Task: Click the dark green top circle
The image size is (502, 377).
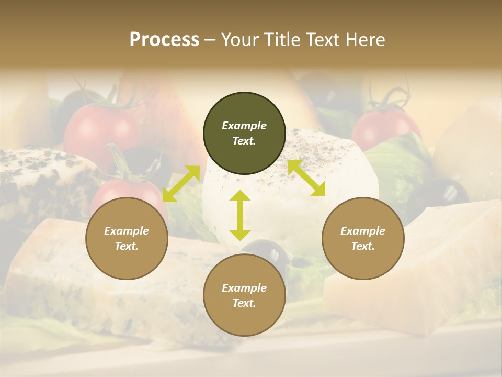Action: (x=244, y=133)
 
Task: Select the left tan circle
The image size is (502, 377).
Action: (x=127, y=239)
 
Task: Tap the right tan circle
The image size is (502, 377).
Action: (x=363, y=239)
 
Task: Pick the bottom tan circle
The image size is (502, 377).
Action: (x=244, y=295)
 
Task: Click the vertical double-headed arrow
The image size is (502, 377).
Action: (x=240, y=215)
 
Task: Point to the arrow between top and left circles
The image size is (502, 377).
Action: (x=181, y=183)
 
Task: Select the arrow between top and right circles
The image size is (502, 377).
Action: (x=306, y=178)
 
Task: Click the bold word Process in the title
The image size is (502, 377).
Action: (x=164, y=39)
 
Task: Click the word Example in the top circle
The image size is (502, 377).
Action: (x=244, y=126)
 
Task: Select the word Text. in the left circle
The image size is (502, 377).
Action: (x=127, y=246)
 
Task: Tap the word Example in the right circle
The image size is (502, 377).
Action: (x=363, y=231)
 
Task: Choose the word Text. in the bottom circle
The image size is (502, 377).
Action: (x=244, y=303)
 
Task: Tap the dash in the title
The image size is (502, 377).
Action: (x=210, y=39)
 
